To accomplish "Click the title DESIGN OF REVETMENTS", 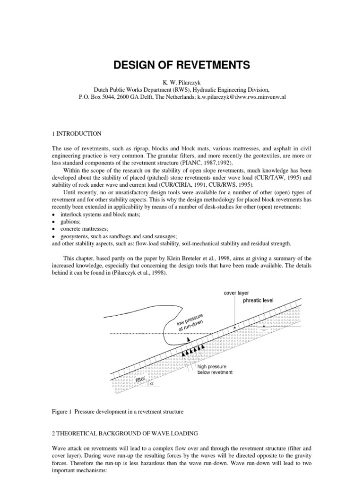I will pyautogui.click(x=181, y=65).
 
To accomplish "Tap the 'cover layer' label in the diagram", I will pyautogui.click(x=236, y=293).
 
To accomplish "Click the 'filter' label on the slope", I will pyautogui.click(x=140, y=380).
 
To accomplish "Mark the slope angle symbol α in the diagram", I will pyautogui.click(x=152, y=383).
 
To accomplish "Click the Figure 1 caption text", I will pyautogui.click(x=117, y=412).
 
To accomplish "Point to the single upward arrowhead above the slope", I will pyautogui.click(x=188, y=339).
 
